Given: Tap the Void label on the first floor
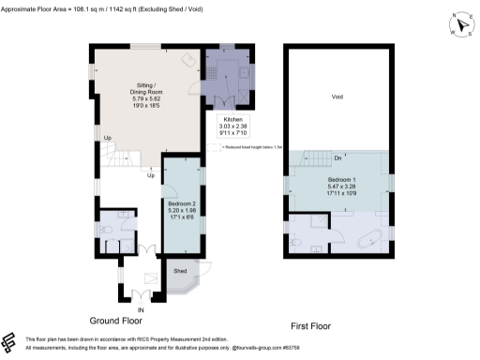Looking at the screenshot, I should click(338, 97).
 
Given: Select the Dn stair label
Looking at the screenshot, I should click(310, 157).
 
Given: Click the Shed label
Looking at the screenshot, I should click(180, 271).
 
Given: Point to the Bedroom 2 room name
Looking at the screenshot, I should click(181, 203).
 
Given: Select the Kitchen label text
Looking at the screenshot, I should click(232, 120).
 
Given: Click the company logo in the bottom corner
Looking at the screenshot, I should click(10, 339).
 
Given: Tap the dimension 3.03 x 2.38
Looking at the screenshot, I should click(232, 127).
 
